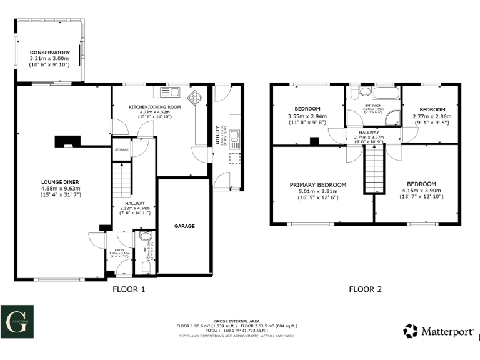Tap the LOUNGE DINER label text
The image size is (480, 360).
pos(61,182)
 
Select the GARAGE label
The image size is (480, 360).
pos(184,226)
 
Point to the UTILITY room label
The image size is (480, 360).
pos(217,134)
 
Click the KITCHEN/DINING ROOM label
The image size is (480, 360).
pos(154,107)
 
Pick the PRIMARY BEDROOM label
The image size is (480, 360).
pos(317,185)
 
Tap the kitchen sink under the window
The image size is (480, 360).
pos(170,92)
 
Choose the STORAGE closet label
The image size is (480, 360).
pos(121,150)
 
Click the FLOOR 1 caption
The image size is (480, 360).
pos(128,289)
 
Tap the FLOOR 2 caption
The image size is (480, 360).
pos(364,289)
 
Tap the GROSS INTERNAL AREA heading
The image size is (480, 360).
pos(237,319)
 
